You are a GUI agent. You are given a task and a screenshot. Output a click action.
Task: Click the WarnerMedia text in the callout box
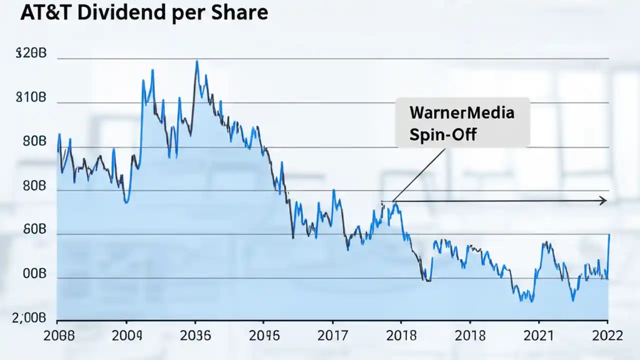[x=461, y=112]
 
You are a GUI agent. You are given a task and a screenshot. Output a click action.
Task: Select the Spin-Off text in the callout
[x=442, y=134]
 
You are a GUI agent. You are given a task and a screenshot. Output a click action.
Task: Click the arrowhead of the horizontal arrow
[x=603, y=200]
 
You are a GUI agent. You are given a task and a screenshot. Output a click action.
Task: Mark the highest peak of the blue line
[x=196, y=61]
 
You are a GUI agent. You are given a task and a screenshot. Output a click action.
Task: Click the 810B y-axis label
[x=31, y=98]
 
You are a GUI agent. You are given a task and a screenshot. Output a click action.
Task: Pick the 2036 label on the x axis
[x=195, y=335]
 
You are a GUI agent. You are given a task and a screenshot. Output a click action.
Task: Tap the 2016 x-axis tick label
[x=264, y=335]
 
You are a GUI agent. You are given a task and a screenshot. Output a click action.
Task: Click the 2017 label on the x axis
[x=332, y=335]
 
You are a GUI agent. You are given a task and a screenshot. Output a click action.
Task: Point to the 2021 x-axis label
[x=538, y=335]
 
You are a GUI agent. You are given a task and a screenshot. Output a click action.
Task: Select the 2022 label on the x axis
[x=606, y=335]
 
